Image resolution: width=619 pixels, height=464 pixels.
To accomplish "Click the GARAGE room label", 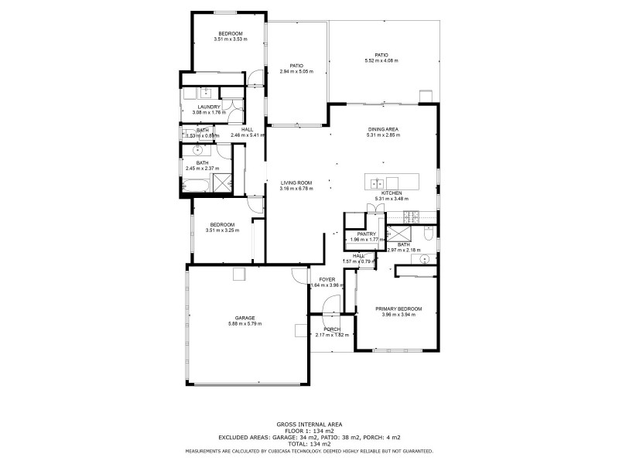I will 245,317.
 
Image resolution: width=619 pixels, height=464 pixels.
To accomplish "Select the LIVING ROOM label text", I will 296,182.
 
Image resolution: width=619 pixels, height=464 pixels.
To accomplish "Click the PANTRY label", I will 366,234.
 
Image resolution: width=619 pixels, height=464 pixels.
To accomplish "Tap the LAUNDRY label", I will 209,107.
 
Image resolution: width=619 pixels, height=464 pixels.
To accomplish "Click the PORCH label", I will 332,329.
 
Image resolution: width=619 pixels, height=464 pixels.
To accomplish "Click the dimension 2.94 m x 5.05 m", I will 296,72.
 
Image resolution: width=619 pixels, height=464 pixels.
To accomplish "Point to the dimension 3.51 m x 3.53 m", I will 230,39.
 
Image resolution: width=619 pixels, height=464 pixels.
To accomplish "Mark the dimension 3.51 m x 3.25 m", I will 221,230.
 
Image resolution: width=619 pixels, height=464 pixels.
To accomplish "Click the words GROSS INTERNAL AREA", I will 309,424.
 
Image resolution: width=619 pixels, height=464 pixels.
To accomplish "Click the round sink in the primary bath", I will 424,259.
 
